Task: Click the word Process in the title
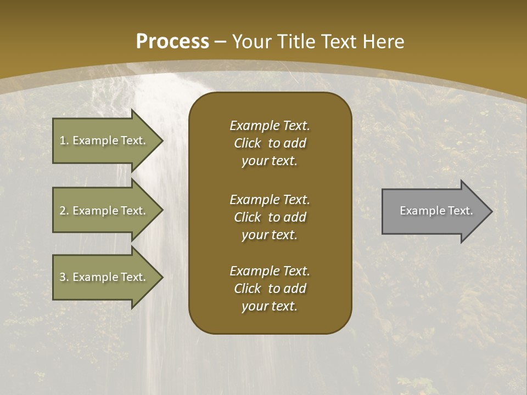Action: (x=172, y=42)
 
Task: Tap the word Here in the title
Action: (x=383, y=42)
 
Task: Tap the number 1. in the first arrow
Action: (x=64, y=140)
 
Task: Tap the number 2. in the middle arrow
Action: (x=64, y=211)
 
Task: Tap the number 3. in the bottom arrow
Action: (x=64, y=277)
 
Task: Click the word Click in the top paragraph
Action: (x=247, y=144)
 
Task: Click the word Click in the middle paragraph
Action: (x=247, y=217)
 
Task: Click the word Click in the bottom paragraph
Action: (x=247, y=289)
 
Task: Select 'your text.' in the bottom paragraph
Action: (x=269, y=307)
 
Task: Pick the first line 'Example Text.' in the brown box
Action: (x=270, y=126)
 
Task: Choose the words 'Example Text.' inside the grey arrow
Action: (x=436, y=211)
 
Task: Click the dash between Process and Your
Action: (x=221, y=42)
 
